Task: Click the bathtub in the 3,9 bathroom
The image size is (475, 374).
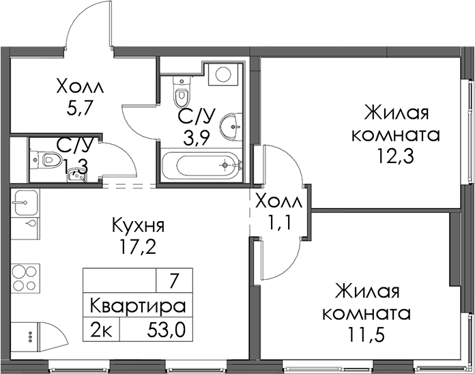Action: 201,165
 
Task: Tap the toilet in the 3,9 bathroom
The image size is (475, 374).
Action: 182,91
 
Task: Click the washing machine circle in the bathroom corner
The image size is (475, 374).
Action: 224,73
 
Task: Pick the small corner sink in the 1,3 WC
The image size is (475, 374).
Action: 76,176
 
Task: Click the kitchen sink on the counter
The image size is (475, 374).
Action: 25,203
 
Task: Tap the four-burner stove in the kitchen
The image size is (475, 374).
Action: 25,278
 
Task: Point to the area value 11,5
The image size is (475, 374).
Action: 366,334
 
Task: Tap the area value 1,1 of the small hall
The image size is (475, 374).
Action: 280,223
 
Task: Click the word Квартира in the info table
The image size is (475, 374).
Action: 138,306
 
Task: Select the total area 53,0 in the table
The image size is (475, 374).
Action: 166,330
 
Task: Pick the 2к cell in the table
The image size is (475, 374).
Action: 102,330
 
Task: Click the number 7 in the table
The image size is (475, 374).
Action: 174,281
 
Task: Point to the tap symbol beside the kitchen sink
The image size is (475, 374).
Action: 30,224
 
